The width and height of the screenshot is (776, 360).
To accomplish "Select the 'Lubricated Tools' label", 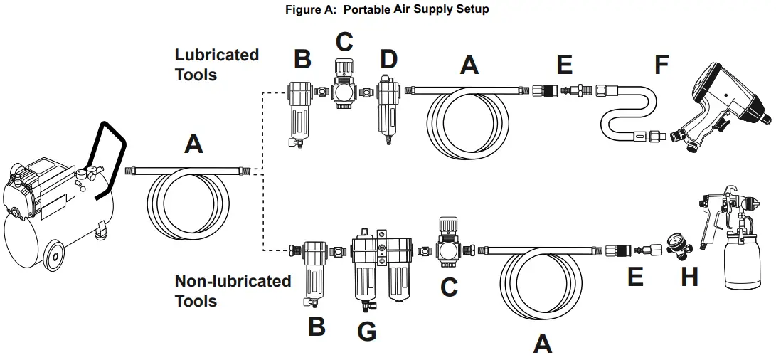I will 216,64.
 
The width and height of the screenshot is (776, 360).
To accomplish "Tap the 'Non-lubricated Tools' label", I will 233,290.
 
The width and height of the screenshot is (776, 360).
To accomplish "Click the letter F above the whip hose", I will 661,65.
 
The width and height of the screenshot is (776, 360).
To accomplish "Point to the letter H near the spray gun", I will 689,277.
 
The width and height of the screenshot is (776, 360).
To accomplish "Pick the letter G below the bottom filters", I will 366,330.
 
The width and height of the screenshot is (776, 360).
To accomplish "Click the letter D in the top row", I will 388,60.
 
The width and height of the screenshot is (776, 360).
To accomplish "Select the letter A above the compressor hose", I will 193,144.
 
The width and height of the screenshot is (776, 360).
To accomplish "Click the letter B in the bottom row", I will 316,327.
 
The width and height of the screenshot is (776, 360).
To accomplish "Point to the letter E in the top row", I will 564,65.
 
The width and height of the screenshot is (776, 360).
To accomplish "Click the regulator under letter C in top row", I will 344,90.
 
